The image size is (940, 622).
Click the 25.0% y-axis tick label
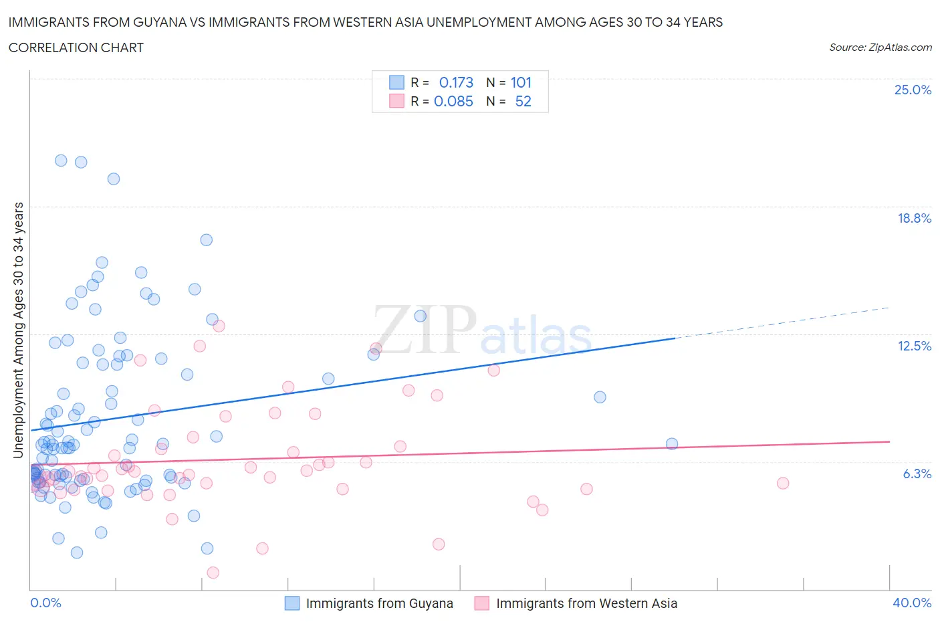pyautogui.click(x=913, y=90)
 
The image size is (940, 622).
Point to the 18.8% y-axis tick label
pyautogui.click(x=914, y=218)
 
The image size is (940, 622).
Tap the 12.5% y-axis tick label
pyautogui.click(x=914, y=346)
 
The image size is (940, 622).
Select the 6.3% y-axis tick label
pyautogui.click(x=917, y=474)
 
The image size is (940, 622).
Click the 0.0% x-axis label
pyautogui.click(x=45, y=603)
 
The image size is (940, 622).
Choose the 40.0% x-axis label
pyautogui.click(x=912, y=603)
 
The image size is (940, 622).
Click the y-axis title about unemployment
pyautogui.click(x=18, y=330)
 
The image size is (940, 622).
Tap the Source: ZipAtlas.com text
pyautogui.click(x=880, y=47)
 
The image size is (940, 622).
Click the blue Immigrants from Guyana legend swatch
pyautogui.click(x=292, y=603)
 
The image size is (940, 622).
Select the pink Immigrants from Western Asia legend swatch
pyautogui.click(x=481, y=603)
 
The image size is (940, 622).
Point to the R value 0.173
pyautogui.click(x=456, y=82)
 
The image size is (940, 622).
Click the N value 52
pyautogui.click(x=523, y=101)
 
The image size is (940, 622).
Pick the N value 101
pyautogui.click(x=521, y=82)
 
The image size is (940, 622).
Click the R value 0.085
pyautogui.click(x=453, y=101)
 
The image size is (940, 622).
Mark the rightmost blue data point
pyautogui.click(x=672, y=444)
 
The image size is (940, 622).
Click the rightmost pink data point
pyautogui.click(x=783, y=483)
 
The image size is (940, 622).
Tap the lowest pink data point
pyautogui.click(x=213, y=573)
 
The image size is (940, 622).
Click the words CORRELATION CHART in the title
pyautogui.click(x=76, y=47)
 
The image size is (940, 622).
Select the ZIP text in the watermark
pyautogui.click(x=425, y=329)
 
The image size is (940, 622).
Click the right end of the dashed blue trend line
pyautogui.click(x=889, y=308)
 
